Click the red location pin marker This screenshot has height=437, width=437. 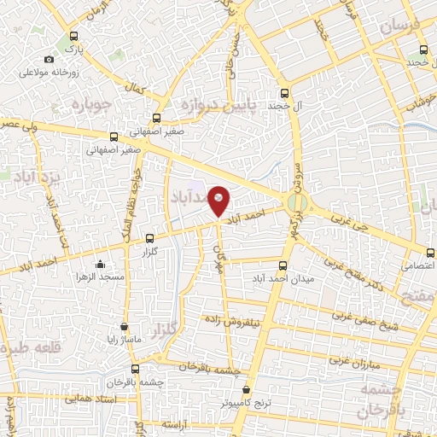coord(219,200)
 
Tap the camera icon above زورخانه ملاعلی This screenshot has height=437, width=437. coord(49,59)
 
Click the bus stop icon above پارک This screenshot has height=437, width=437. coord(73,37)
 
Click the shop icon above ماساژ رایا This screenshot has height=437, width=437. coord(125,326)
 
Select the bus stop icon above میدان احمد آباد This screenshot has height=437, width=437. coord(284,265)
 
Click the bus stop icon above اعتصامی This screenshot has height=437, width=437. coord(428,251)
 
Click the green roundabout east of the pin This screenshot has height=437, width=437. coord(297,202)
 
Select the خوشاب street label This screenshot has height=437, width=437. coord(416,101)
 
